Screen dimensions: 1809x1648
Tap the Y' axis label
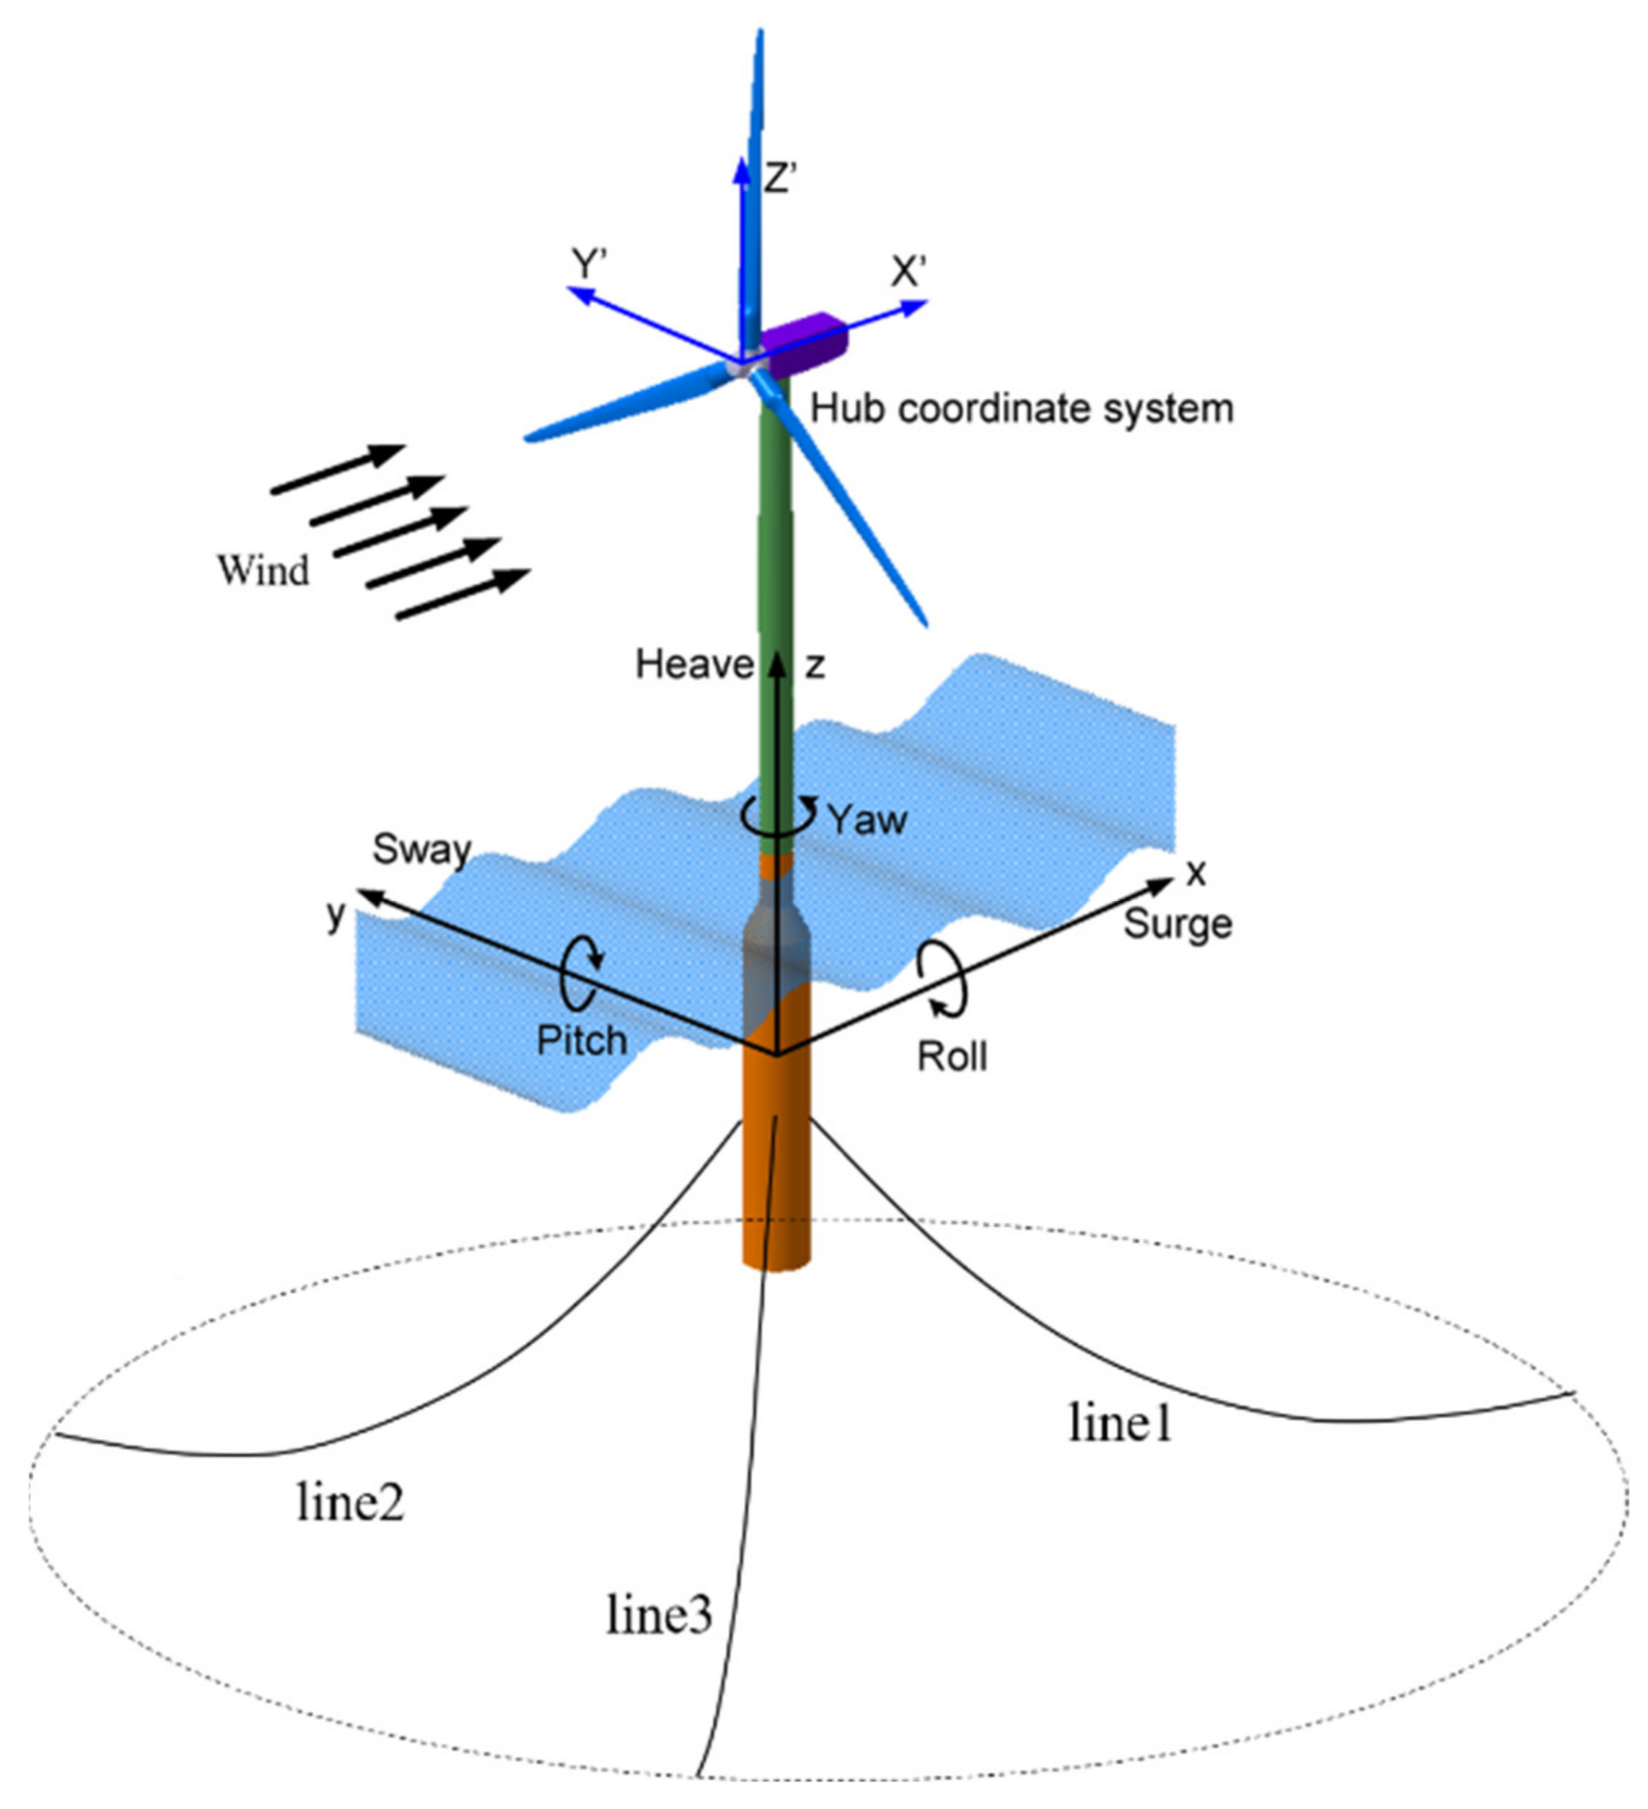pyautogui.click(x=591, y=265)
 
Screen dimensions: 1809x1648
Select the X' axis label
pyautogui.click(x=908, y=272)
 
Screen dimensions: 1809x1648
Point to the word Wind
pyautogui.click(x=263, y=571)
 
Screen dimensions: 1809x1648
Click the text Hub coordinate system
pyautogui.click(x=1022, y=409)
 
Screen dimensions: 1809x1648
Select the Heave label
pyautogui.click(x=694, y=665)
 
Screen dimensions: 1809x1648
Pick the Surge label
pyautogui.click(x=1178, y=923)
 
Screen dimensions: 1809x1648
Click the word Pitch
pyautogui.click(x=581, y=1040)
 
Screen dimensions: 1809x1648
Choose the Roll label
pyautogui.click(x=952, y=1056)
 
